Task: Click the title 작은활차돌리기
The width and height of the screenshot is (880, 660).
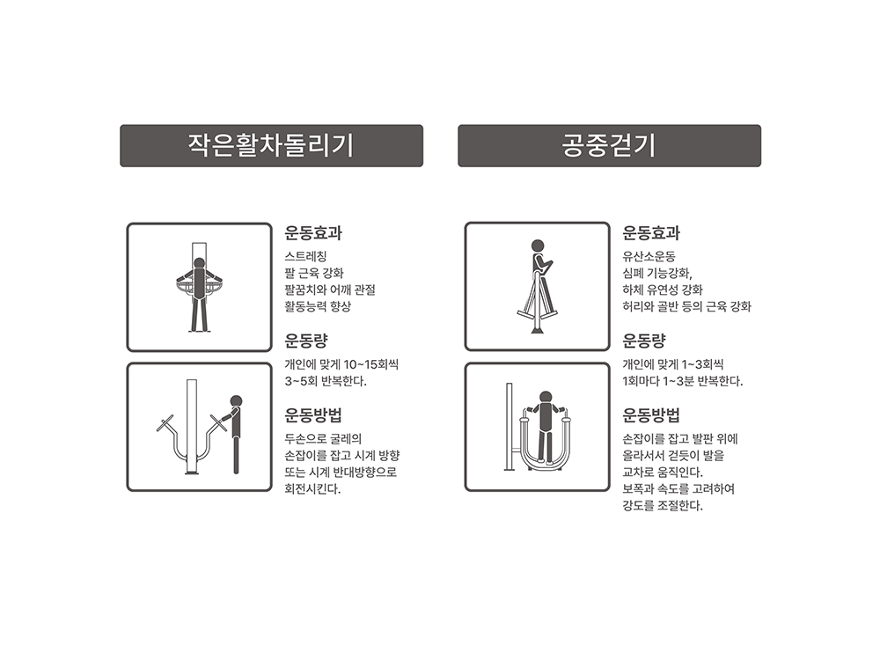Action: point(271,145)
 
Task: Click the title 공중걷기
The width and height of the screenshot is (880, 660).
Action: point(609,145)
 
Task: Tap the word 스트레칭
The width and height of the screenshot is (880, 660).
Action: point(306,256)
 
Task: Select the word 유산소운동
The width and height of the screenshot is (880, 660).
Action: point(649,256)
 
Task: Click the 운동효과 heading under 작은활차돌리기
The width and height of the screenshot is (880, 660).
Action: point(313,233)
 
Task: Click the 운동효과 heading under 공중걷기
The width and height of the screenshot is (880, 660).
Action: point(651,233)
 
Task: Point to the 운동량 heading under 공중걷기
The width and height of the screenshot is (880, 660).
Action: point(644,341)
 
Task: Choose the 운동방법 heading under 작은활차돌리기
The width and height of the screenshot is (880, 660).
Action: point(313,415)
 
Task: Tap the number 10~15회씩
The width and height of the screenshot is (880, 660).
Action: point(371,365)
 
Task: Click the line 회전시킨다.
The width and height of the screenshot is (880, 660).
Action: point(312,489)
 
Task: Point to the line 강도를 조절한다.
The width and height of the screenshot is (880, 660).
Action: point(663,506)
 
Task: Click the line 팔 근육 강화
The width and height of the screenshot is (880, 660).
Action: point(314,274)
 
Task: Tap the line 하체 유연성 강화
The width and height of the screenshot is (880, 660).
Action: point(663,290)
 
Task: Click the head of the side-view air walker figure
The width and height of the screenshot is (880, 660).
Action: point(538,246)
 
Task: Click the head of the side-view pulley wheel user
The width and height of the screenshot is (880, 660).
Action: point(236,401)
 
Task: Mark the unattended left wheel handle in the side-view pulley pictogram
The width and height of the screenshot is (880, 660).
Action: point(165,424)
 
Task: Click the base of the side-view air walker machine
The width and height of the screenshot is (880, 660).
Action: point(538,329)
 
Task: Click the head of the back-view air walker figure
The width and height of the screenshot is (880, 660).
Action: point(546,398)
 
